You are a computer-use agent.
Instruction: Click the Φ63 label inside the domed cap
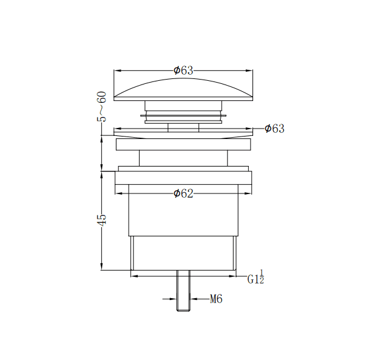tap(183, 70)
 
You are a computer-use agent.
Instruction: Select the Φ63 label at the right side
tap(274, 129)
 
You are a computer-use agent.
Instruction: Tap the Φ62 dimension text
tap(183, 193)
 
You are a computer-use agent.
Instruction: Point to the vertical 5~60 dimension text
tap(102, 105)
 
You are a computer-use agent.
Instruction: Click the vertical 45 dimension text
tap(102, 220)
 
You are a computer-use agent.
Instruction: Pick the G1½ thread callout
tap(256, 278)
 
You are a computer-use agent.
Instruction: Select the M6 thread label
tap(216, 299)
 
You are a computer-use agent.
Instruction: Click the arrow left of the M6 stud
tap(172, 299)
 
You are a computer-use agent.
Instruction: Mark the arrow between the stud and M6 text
tap(195, 299)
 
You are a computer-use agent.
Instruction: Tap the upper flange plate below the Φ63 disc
tap(183, 144)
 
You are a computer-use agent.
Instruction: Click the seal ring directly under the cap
tap(183, 114)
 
